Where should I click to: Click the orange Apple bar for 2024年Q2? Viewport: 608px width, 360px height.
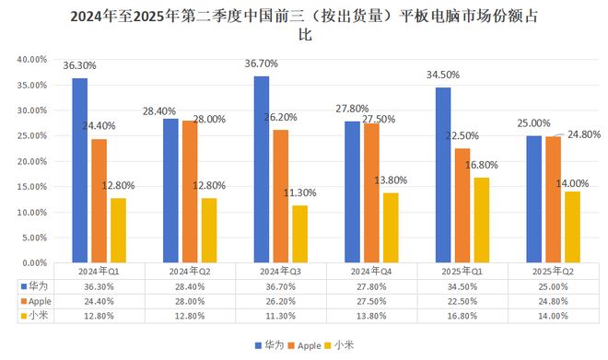[190, 192]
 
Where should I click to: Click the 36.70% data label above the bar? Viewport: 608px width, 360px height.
[263, 64]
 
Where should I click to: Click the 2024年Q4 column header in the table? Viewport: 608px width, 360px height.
[371, 273]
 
